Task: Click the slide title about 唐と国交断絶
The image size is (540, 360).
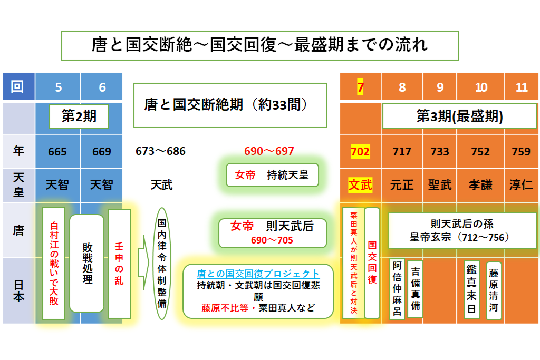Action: coord(260,45)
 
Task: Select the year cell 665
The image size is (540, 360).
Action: coord(57,152)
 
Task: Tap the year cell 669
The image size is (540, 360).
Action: coord(101,152)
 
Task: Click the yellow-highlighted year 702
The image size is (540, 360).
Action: coord(360,152)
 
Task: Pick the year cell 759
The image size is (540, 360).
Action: coord(521,152)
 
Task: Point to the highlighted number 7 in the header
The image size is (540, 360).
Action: coord(360,87)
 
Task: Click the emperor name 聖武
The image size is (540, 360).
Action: coord(440,185)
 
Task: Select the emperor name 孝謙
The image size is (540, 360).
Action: coord(480,185)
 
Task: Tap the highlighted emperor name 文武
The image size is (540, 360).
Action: coord(360,185)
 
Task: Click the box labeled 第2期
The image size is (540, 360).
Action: coord(79,116)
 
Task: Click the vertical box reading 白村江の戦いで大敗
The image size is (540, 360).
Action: coord(54,264)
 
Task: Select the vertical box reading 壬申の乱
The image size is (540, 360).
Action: coord(119,264)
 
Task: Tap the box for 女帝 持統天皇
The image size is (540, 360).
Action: coord(273,175)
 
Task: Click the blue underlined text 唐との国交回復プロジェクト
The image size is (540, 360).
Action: coord(258,274)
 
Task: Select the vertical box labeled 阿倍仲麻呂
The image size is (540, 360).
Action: coord(397,289)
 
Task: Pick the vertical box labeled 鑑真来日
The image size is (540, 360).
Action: coord(471,289)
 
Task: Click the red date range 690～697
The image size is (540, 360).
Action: coord(269,151)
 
